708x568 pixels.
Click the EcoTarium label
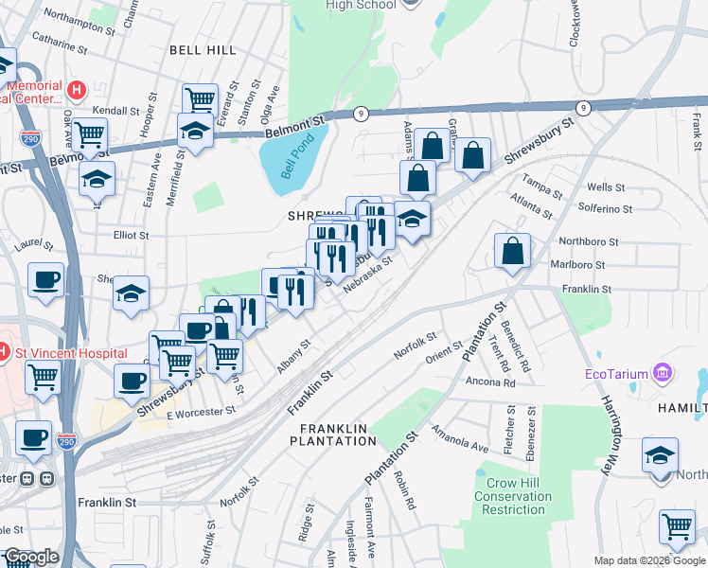pyautogui.click(x=620, y=371)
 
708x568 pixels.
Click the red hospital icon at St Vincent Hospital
pyautogui.click(x=4, y=352)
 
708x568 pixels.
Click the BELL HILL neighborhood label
pyautogui.click(x=203, y=48)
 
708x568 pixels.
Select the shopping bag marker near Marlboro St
pyautogui.click(x=512, y=252)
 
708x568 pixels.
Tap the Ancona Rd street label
pyautogui.click(x=490, y=382)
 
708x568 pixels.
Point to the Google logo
pyautogui.click(x=30, y=557)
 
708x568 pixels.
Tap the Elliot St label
pyautogui.click(x=132, y=235)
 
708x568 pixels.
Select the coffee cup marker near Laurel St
pyautogui.click(x=45, y=280)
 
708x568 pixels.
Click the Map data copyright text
pyautogui.click(x=649, y=560)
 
